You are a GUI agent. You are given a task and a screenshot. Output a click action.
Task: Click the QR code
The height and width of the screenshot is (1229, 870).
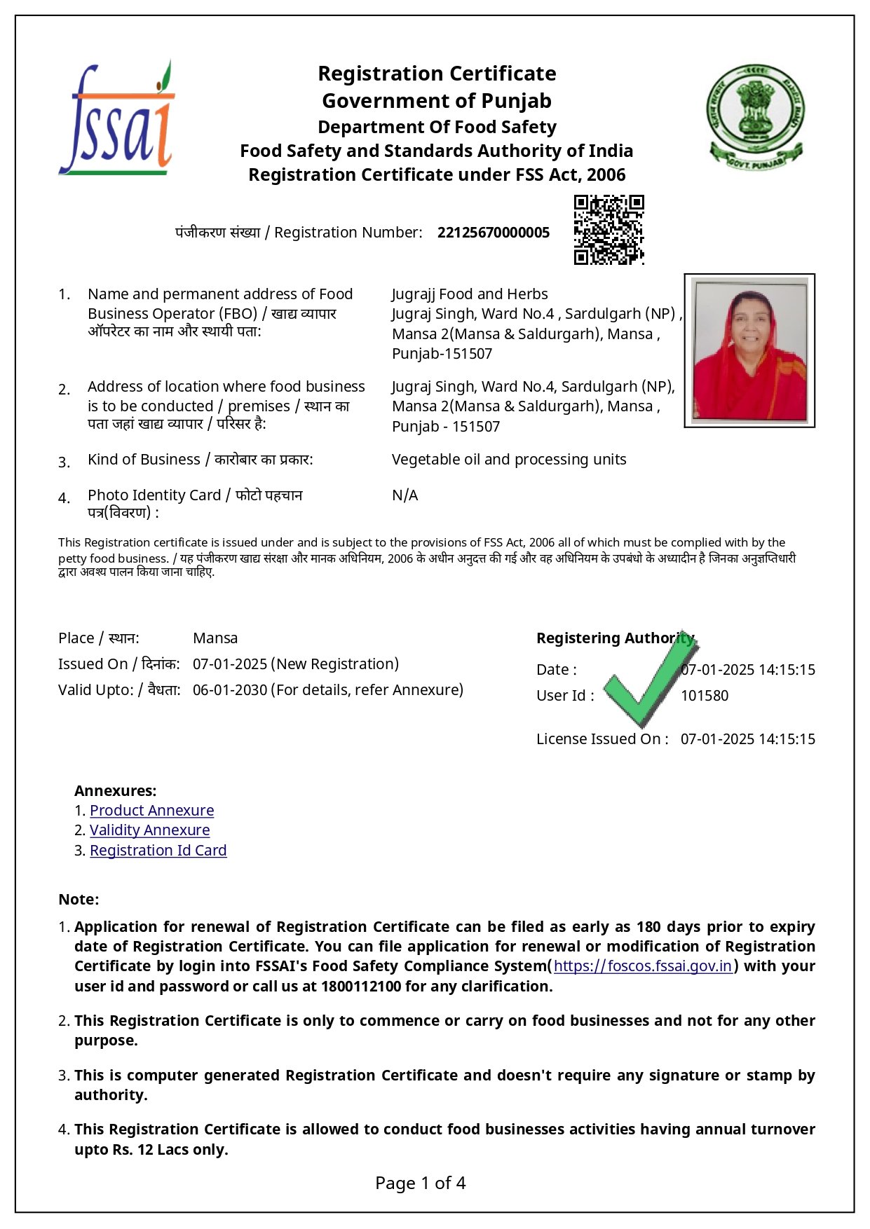pyautogui.click(x=609, y=230)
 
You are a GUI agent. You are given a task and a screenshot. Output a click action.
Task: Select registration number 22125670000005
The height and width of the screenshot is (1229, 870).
pyautogui.click(x=493, y=233)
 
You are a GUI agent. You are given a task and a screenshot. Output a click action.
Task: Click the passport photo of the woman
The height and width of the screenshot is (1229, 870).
pyautogui.click(x=749, y=350)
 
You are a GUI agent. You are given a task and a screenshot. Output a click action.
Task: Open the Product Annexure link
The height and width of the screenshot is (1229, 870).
pyautogui.click(x=151, y=811)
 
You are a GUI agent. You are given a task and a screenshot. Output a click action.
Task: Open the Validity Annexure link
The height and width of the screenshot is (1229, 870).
pyautogui.click(x=149, y=830)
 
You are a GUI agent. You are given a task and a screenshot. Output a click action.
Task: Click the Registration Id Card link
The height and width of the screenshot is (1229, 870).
pyautogui.click(x=158, y=851)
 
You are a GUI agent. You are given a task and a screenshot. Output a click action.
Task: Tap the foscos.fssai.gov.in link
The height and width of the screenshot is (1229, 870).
pyautogui.click(x=642, y=966)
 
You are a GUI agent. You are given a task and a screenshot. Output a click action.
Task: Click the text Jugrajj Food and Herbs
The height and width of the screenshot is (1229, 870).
pyautogui.click(x=469, y=294)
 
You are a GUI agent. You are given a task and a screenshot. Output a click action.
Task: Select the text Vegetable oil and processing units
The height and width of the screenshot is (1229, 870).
pyautogui.click(x=508, y=460)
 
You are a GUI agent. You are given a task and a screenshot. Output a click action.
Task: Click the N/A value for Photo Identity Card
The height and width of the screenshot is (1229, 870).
pyautogui.click(x=405, y=495)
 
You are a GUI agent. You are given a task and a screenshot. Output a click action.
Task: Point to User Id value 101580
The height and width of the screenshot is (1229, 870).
pyautogui.click(x=704, y=696)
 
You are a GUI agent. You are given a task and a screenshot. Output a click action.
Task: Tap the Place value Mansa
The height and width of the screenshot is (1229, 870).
pyautogui.click(x=215, y=638)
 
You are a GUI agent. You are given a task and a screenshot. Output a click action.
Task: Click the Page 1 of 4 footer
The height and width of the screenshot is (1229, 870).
pyautogui.click(x=420, y=1183)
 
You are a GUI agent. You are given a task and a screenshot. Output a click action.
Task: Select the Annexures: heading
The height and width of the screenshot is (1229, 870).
pyautogui.click(x=116, y=791)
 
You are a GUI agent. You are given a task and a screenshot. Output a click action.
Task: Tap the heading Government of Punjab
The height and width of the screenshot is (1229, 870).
pyautogui.click(x=436, y=101)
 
